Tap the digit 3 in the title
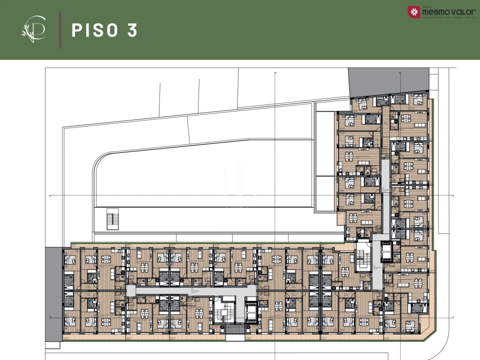(x=132, y=30)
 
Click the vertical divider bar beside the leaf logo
(x=60, y=30)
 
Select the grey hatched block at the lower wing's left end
(x=53, y=290)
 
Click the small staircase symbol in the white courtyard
(x=113, y=220)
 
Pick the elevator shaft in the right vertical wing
(x=386, y=252)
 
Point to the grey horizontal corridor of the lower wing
(x=190, y=290)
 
